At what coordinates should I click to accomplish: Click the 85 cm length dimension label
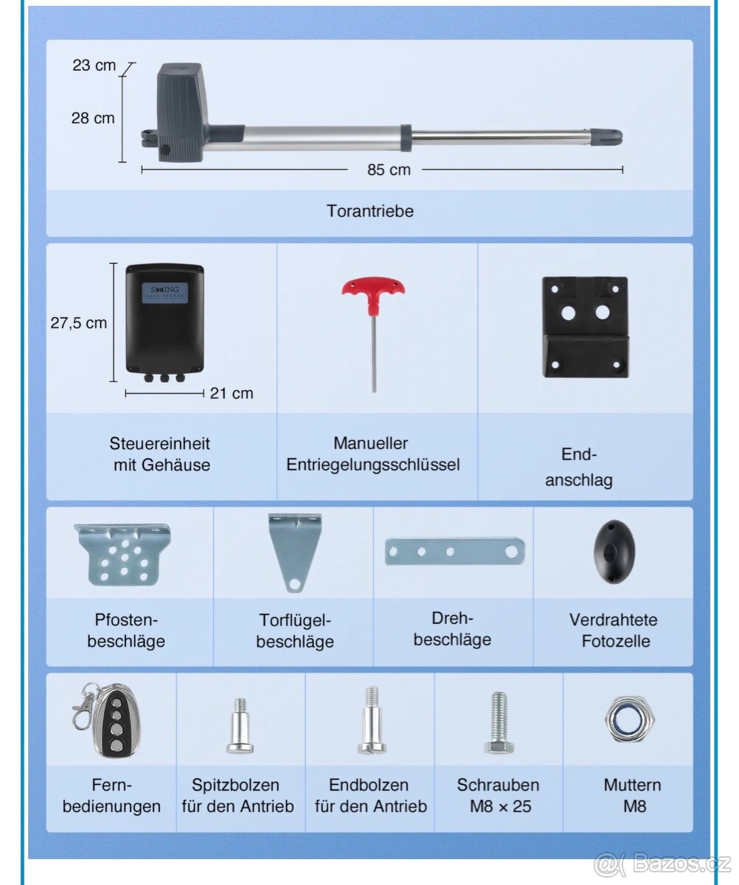tap(389, 170)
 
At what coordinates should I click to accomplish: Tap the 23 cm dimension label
tap(94, 66)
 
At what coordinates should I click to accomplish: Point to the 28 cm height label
tap(93, 118)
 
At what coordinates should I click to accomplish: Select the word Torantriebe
tap(369, 211)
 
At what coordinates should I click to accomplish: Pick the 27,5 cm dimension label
tap(78, 323)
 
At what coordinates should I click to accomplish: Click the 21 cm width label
tap(232, 393)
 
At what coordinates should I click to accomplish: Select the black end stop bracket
tap(586, 327)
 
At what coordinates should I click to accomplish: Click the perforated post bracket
tap(122, 555)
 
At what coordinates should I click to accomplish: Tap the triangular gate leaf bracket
tap(294, 552)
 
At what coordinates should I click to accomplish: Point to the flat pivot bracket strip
tap(455, 552)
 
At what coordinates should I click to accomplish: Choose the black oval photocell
tap(614, 552)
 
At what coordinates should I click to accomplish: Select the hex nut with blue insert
tap(630, 720)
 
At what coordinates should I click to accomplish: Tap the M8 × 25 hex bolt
tap(499, 723)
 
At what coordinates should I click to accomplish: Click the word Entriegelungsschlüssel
tap(373, 465)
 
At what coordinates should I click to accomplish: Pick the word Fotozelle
tap(616, 641)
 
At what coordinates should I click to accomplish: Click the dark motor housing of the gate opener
tap(181, 112)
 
